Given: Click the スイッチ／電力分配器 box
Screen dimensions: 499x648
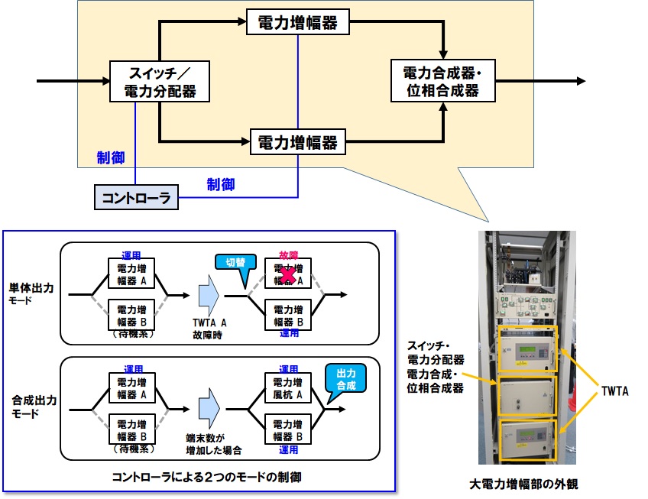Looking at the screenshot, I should pyautogui.click(x=160, y=82).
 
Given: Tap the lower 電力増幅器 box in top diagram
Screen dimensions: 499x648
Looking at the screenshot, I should pyautogui.click(x=298, y=142).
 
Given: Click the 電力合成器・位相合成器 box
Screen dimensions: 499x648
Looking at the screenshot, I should pyautogui.click(x=441, y=82).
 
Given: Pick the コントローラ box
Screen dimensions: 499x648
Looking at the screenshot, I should pyautogui.click(x=137, y=199).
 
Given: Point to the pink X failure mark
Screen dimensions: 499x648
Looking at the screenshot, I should pyautogui.click(x=288, y=277).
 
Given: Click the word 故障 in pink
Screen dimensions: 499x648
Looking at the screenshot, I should pyautogui.click(x=288, y=256).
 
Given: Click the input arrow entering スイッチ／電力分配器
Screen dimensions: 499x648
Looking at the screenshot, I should pyautogui.click(x=73, y=81).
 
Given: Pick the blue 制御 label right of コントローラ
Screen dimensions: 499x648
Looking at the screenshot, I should pyautogui.click(x=221, y=184).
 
